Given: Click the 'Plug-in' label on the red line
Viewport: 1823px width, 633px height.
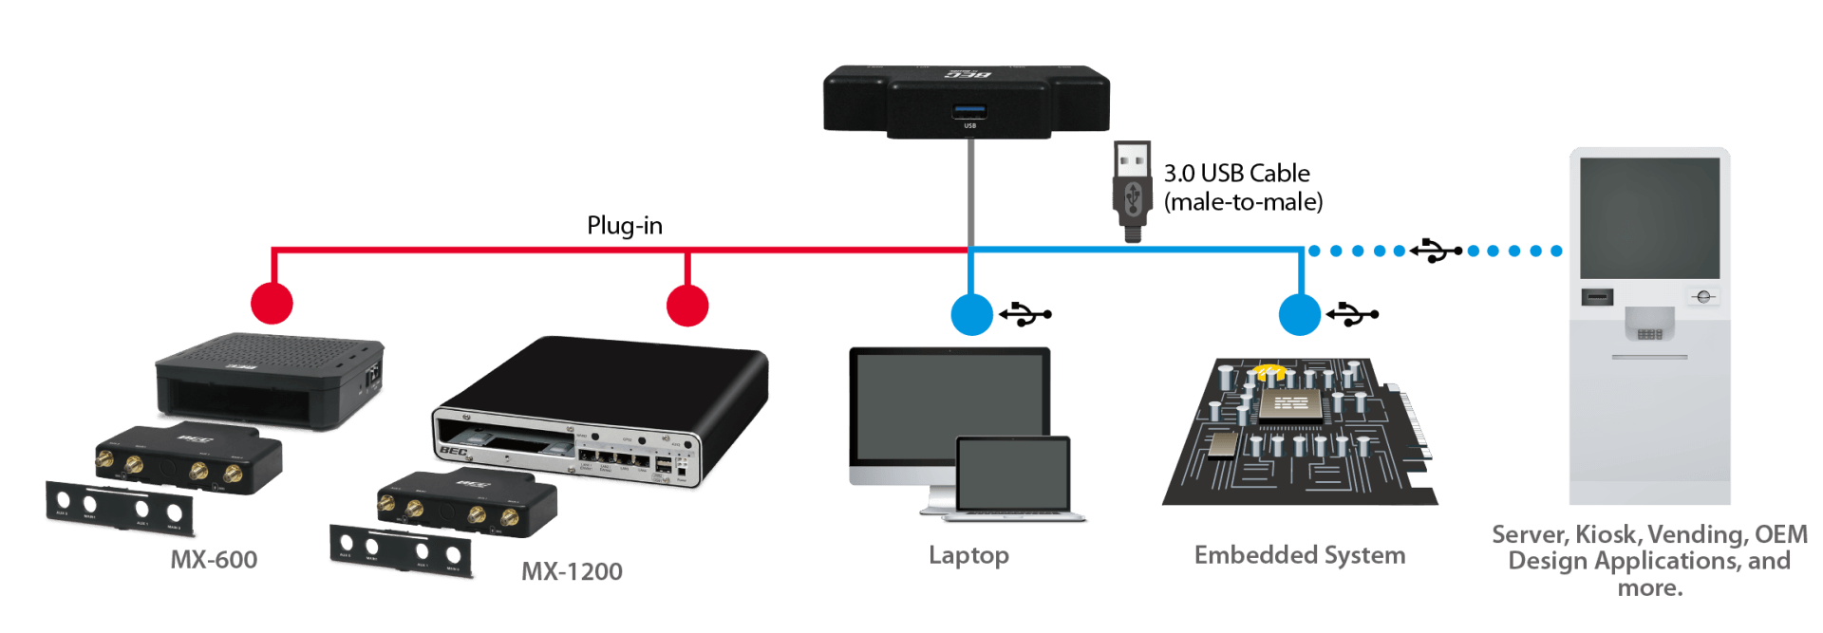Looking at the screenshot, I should pos(624,226).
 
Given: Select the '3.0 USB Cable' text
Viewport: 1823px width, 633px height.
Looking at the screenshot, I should pos(1236,174).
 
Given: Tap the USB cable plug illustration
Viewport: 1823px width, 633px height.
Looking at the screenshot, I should pos(1132,191).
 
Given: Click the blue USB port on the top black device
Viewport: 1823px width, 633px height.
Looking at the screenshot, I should pos(969,111).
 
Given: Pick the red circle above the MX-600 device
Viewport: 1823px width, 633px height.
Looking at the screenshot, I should pos(272,304).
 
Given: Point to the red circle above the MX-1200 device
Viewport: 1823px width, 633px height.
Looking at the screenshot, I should pos(686,306).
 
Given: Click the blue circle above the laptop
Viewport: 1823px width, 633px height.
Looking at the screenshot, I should pos(971,314).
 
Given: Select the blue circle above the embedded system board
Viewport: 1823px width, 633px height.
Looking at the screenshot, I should pos(1300,314).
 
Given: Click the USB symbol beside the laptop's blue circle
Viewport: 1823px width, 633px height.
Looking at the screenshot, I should pos(1025,314).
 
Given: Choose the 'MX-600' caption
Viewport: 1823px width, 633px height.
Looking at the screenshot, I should pos(214,560).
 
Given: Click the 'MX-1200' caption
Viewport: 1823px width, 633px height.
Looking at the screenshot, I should pos(573,571).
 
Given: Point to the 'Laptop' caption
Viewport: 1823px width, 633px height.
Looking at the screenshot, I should pos(968,555).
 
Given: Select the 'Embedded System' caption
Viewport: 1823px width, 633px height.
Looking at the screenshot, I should pos(1299,555).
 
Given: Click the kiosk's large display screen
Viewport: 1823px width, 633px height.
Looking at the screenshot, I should pos(1649,217).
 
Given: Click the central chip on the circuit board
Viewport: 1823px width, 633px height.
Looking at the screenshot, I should pos(1289,405).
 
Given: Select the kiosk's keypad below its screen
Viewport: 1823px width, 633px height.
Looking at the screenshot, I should pos(1649,333).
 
